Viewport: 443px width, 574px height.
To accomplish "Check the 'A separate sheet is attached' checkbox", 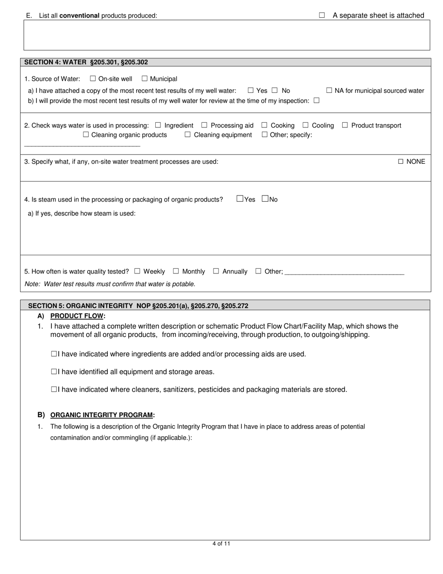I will click(x=322, y=15).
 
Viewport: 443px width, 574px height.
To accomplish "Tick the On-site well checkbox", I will click(x=93, y=79).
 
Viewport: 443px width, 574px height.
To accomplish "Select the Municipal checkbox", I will click(x=145, y=79).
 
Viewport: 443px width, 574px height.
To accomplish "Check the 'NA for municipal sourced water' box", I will click(x=329, y=91).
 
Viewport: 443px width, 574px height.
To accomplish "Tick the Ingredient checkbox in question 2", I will click(x=158, y=125).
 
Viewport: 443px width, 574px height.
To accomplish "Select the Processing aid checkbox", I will click(x=204, y=125).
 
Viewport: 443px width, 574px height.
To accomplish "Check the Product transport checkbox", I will click(x=345, y=125).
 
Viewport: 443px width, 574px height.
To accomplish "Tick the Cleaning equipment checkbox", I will click(x=187, y=135).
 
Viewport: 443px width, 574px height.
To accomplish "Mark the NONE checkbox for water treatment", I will click(x=401, y=161).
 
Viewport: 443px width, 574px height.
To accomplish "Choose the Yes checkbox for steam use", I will click(x=240, y=199).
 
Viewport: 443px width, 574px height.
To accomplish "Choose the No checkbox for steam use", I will click(x=265, y=199).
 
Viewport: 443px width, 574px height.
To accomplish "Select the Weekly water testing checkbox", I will click(x=137, y=271).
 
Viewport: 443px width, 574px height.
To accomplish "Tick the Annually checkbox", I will click(x=216, y=271).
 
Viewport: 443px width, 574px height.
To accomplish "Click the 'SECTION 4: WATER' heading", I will click(x=86, y=62).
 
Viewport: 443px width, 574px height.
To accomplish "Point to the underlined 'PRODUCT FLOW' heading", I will click(x=76, y=316).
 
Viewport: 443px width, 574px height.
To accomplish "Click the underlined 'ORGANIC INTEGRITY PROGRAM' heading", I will click(x=102, y=415).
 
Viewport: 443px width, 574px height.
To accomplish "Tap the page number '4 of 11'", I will click(x=221, y=544).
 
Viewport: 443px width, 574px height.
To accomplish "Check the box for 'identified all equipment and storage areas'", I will click(x=54, y=372).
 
